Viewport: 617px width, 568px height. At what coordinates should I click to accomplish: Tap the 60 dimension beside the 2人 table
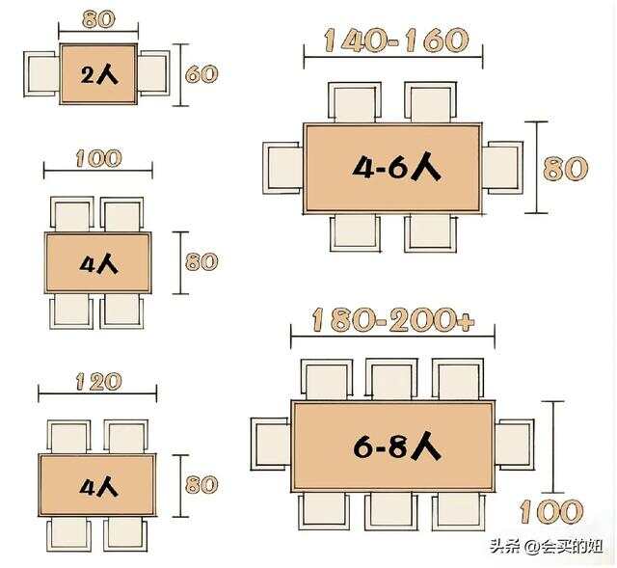[201, 73]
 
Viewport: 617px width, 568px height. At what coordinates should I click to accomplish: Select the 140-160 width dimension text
[395, 41]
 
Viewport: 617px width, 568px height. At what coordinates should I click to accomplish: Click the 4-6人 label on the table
[395, 168]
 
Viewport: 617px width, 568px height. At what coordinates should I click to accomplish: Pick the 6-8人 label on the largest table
[395, 446]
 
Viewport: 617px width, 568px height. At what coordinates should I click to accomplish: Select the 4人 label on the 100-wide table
[97, 263]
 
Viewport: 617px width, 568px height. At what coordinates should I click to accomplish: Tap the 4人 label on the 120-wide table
[97, 486]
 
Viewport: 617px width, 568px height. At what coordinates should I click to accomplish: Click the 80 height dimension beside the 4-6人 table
[565, 168]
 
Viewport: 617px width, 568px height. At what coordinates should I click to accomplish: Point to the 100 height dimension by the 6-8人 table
[551, 510]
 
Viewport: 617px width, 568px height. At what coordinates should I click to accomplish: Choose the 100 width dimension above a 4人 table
[96, 157]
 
